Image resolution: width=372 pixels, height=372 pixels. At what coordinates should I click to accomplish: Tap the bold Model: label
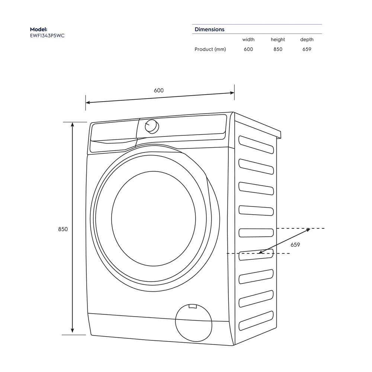coord(39,29)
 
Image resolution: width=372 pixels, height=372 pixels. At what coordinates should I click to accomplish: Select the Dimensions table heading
coord(209,29)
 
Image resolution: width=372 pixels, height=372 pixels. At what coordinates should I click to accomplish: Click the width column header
coord(248,39)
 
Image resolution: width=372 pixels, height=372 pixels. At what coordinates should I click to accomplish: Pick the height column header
coord(278,39)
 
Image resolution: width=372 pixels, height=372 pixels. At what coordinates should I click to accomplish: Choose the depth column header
coord(307,39)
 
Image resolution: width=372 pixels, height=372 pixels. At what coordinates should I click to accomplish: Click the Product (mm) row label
coord(210,49)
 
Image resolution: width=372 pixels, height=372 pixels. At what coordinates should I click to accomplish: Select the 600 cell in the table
coord(248,49)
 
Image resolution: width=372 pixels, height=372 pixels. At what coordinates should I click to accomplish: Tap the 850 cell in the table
coord(278,49)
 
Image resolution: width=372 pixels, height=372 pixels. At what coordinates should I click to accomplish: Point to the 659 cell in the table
coord(307,49)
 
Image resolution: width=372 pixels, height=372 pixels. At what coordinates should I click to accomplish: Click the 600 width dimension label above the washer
coord(159,90)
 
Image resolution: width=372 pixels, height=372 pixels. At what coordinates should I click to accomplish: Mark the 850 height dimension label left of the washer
coord(63,229)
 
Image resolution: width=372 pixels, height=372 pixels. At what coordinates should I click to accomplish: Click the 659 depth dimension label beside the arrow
coord(295,244)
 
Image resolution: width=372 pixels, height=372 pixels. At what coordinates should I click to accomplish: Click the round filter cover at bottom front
coord(193,322)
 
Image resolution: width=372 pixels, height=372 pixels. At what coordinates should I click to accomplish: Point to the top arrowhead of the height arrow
coord(73,124)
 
